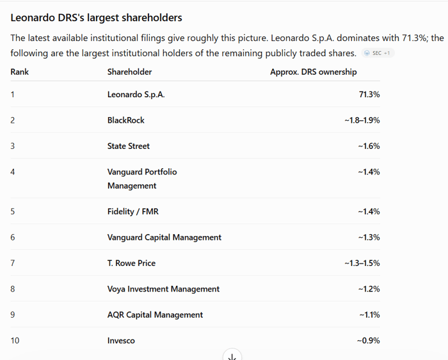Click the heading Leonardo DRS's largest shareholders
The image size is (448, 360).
click(x=96, y=18)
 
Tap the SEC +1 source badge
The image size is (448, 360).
click(x=378, y=53)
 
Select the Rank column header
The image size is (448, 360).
click(x=19, y=72)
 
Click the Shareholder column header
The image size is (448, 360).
click(x=129, y=72)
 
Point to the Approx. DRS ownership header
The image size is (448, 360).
click(x=314, y=72)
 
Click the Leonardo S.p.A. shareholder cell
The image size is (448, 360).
click(x=136, y=95)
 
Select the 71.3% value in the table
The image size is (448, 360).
click(x=369, y=95)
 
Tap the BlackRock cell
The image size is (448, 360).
click(x=125, y=120)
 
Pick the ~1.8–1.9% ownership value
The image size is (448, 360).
click(x=362, y=120)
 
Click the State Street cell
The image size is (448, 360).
click(x=128, y=146)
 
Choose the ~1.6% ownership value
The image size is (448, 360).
click(x=369, y=146)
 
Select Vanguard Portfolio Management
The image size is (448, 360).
click(x=142, y=178)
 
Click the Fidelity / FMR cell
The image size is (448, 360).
click(x=133, y=212)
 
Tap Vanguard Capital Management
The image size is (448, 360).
click(x=164, y=237)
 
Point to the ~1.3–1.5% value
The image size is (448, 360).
click(x=362, y=263)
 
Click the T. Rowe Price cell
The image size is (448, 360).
click(x=131, y=263)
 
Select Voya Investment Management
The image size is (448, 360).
click(x=163, y=289)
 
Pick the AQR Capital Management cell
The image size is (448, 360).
click(x=155, y=315)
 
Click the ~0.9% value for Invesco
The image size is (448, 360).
click(x=369, y=341)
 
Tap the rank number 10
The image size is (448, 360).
click(x=15, y=341)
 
